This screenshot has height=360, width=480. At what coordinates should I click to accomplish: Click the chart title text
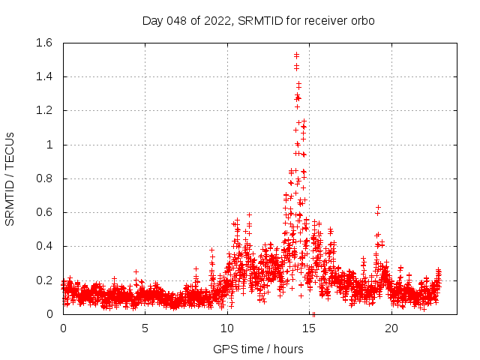(x=258, y=21)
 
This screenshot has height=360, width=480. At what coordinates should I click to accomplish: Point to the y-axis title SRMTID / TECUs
(x=10, y=178)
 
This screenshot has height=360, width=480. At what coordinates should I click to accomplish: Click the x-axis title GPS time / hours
(x=258, y=349)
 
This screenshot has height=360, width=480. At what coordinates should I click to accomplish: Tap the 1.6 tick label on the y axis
(x=43, y=43)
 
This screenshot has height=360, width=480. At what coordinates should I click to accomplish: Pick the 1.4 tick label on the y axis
(x=43, y=76)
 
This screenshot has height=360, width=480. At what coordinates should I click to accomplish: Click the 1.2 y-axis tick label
(x=43, y=110)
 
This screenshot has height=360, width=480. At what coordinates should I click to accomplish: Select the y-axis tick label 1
(x=49, y=145)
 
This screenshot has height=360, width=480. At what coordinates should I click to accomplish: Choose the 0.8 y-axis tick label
(x=43, y=178)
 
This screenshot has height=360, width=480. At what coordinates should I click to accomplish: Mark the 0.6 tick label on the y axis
(x=43, y=212)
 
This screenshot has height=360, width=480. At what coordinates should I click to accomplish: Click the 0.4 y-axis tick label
(x=43, y=246)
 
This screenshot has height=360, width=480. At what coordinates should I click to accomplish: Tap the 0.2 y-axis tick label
(x=43, y=280)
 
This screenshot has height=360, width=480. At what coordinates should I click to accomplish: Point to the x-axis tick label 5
(x=145, y=328)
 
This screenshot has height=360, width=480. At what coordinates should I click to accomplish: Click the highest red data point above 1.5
(x=296, y=54)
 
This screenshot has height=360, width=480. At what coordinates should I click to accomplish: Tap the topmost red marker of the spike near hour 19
(x=379, y=207)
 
